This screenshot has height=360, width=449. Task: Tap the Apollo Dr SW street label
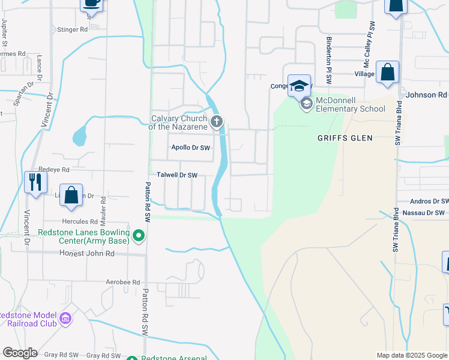coord(190,148)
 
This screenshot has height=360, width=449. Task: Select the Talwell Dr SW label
coord(177,175)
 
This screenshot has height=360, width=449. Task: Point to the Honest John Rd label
coord(87,254)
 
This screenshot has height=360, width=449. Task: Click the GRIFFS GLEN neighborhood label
coord(345,138)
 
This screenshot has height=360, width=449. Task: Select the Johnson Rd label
coord(427,95)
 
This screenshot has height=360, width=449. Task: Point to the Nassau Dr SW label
coord(423,213)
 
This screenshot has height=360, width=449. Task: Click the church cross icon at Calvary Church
coord(217,122)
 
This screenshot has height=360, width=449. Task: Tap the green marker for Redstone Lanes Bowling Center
coord(139,235)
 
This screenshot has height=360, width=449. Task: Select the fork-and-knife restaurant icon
coord(35,181)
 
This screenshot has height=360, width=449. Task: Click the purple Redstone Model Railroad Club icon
coord(65,318)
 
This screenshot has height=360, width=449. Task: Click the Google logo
coord(20,353)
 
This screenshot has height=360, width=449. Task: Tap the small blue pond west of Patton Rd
coord(80,137)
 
